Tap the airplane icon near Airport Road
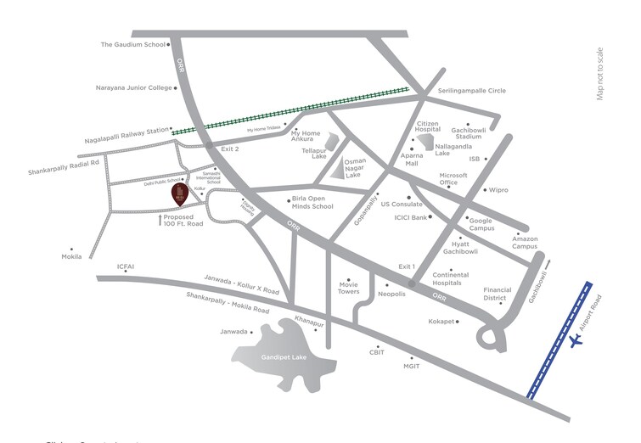pos(578,339)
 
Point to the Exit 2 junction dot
pos(210,148)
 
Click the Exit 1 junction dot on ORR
pos(411,283)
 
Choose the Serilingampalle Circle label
pos(472,91)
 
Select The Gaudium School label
pos(132,45)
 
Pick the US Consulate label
pos(402,205)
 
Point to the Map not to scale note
pos(600,73)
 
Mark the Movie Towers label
pos(349,289)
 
